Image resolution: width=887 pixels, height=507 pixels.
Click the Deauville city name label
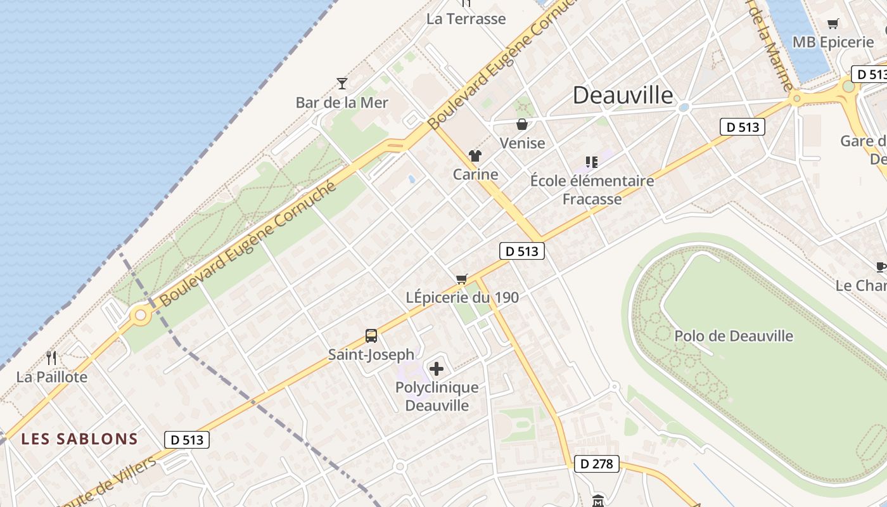tap(623, 95)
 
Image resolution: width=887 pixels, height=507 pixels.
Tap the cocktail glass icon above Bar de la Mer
tap(342, 83)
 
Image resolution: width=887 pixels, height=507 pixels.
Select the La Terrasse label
tap(466, 19)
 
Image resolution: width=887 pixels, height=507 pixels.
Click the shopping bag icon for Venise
tap(522, 124)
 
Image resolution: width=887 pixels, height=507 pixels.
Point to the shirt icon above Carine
tap(475, 156)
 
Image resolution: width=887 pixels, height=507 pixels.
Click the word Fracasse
tap(592, 199)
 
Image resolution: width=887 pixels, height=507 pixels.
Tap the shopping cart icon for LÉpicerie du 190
tap(462, 279)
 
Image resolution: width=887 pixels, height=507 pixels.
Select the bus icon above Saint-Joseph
tap(371, 336)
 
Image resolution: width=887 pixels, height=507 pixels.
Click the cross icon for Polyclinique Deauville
tap(437, 368)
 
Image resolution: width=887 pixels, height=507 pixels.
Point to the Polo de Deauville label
tap(734, 336)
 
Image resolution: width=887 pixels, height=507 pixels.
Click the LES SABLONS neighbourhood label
tap(79, 439)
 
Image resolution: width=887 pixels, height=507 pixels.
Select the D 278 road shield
tap(597, 464)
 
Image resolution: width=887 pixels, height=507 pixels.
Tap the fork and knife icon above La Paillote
tap(51, 358)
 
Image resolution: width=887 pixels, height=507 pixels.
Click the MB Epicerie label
tap(833, 42)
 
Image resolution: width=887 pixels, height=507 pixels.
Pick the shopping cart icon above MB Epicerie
tap(833, 24)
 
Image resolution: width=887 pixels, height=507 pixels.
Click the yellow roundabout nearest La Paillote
tap(140, 314)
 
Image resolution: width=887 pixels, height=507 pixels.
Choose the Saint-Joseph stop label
tap(371, 355)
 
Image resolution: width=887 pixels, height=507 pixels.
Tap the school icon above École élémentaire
tap(592, 162)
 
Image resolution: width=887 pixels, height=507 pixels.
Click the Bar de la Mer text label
tap(342, 102)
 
